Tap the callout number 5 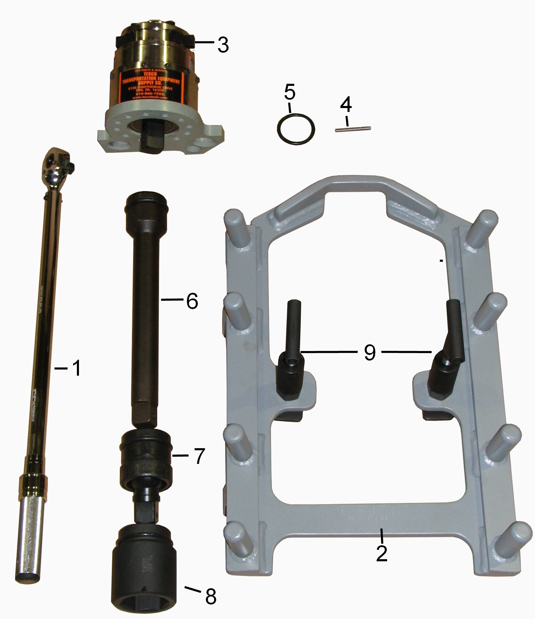[x=290, y=92]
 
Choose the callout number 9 [x=370, y=353]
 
